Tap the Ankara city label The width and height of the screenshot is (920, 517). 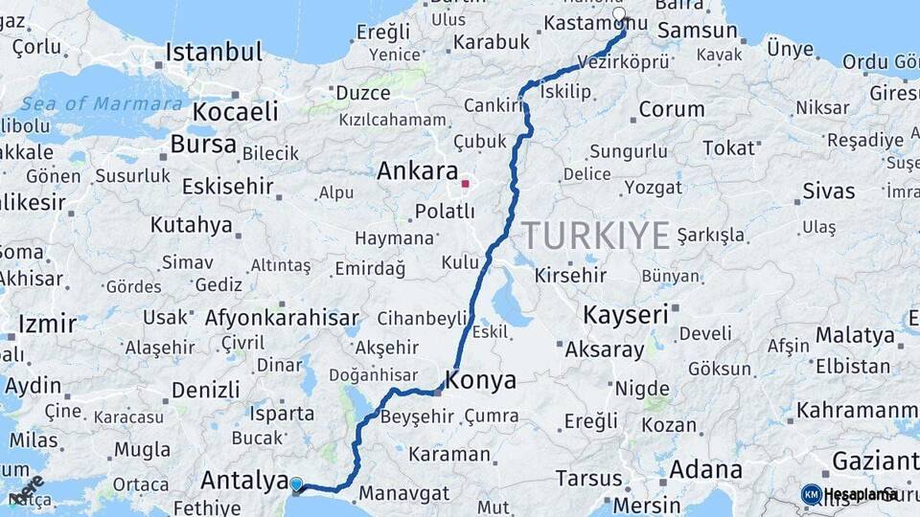[x=417, y=172]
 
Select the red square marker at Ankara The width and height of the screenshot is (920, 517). [x=466, y=183]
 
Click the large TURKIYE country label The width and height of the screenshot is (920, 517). [x=595, y=236]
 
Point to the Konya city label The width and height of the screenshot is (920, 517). [x=481, y=380]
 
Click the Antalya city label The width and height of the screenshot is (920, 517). [x=244, y=480]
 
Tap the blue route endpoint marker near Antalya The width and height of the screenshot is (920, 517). [x=296, y=485]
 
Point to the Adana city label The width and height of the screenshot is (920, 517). [x=705, y=470]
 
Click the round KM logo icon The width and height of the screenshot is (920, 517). [x=811, y=494]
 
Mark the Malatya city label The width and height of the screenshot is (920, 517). [x=855, y=335]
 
